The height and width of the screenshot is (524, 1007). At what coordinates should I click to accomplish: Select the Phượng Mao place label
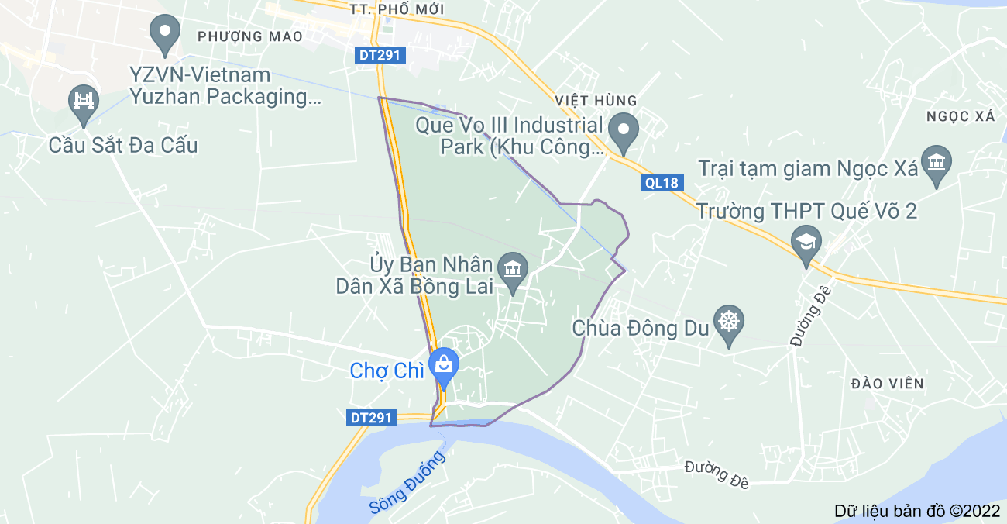point(249,36)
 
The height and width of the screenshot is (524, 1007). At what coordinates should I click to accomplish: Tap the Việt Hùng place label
point(596,101)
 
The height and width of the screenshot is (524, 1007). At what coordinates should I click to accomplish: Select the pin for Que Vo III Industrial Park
point(623,131)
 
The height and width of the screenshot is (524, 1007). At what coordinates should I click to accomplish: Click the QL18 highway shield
point(661,183)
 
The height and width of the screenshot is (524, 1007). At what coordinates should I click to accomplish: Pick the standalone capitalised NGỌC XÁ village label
point(960,116)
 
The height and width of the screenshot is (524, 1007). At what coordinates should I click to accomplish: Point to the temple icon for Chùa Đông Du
point(728,324)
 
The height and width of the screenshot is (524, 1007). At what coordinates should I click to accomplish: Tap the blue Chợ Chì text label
point(387,371)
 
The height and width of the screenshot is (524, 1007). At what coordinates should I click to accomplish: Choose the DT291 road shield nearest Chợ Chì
point(372,418)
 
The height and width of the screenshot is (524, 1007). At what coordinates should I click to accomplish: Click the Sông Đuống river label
point(407,483)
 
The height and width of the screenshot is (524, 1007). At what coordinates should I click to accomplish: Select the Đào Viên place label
point(887,384)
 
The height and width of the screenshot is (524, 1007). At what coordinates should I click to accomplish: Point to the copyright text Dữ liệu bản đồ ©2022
point(917,511)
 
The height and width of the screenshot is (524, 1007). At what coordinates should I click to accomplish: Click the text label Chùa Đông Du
point(641,329)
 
